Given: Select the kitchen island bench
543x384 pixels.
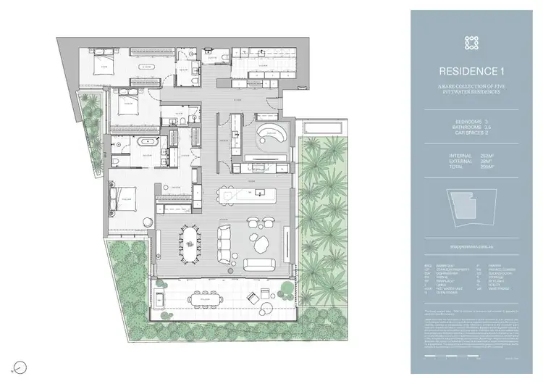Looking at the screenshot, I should (x=251, y=195).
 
